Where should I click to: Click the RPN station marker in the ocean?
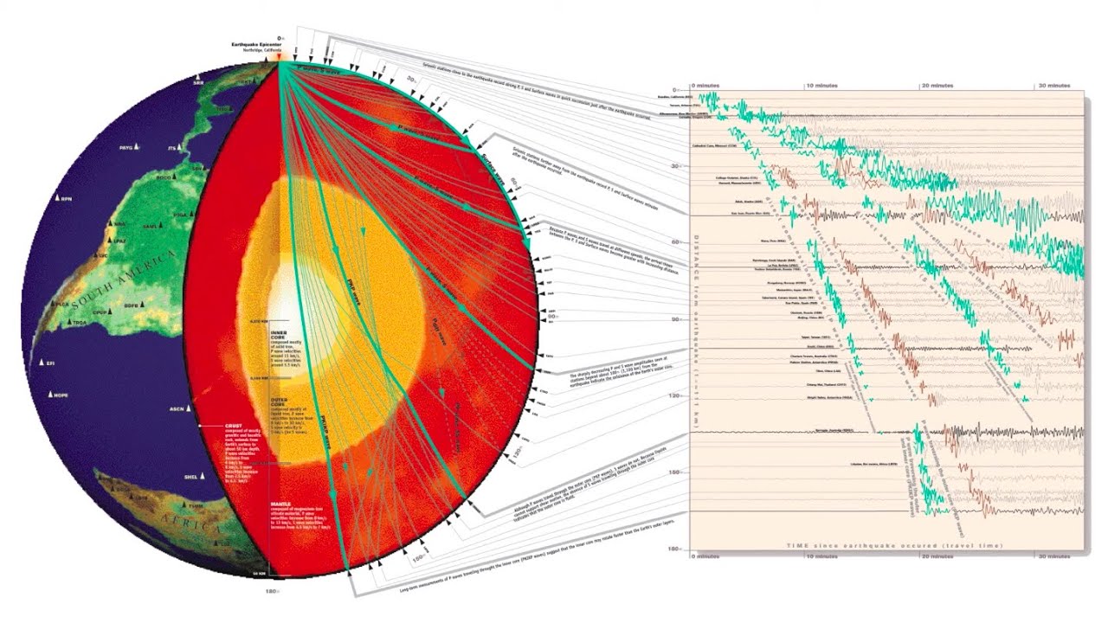[x=56, y=199]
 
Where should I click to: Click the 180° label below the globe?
[x=270, y=592]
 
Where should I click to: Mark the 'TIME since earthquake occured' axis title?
[x=895, y=546]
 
